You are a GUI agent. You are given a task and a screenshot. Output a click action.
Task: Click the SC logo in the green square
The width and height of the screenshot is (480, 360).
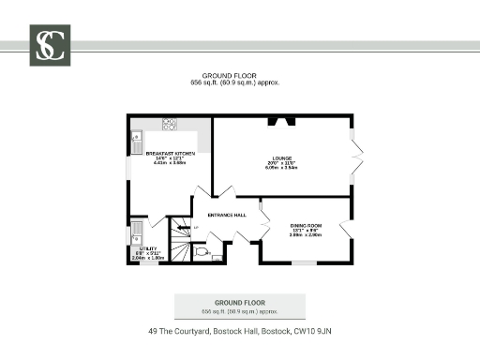pos(50,44)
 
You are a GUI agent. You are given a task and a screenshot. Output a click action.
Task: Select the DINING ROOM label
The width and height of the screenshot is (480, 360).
pos(306,226)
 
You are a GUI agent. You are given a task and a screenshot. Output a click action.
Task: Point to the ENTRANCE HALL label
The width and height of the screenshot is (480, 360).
pos(227,215)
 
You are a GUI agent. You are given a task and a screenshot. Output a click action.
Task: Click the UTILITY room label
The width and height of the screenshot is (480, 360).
pos(149,248)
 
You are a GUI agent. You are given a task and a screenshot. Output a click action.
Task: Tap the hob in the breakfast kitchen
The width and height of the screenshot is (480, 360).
pos(171,122)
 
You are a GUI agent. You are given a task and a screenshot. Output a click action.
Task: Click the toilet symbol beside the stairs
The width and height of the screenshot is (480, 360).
pos(202,251)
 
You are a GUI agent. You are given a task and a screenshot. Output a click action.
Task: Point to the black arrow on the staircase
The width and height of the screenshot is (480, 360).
pos(186,228)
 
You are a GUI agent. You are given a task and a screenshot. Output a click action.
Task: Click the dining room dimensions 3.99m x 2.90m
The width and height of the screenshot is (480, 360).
pos(306,236)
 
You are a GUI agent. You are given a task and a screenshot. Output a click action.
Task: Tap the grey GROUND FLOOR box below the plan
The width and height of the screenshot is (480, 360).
pos(240,306)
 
